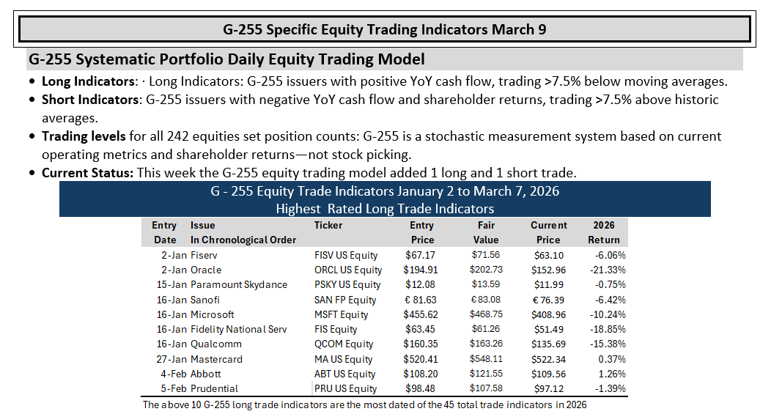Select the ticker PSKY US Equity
(347, 285)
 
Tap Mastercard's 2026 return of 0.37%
(612, 359)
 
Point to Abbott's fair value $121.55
(486, 374)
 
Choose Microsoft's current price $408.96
(549, 315)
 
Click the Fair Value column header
(486, 232)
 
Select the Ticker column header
(328, 226)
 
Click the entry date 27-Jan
(171, 359)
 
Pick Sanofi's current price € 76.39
(549, 300)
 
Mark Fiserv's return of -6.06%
(611, 256)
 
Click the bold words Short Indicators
(89, 100)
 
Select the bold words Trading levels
(84, 137)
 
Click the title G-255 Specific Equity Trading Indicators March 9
(385, 29)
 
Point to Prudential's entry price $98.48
(420, 388)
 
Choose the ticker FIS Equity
(336, 329)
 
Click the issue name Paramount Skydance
(239, 285)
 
